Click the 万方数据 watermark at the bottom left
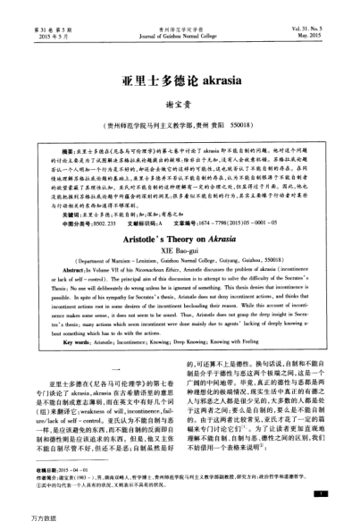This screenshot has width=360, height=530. (x=20, y=518)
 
